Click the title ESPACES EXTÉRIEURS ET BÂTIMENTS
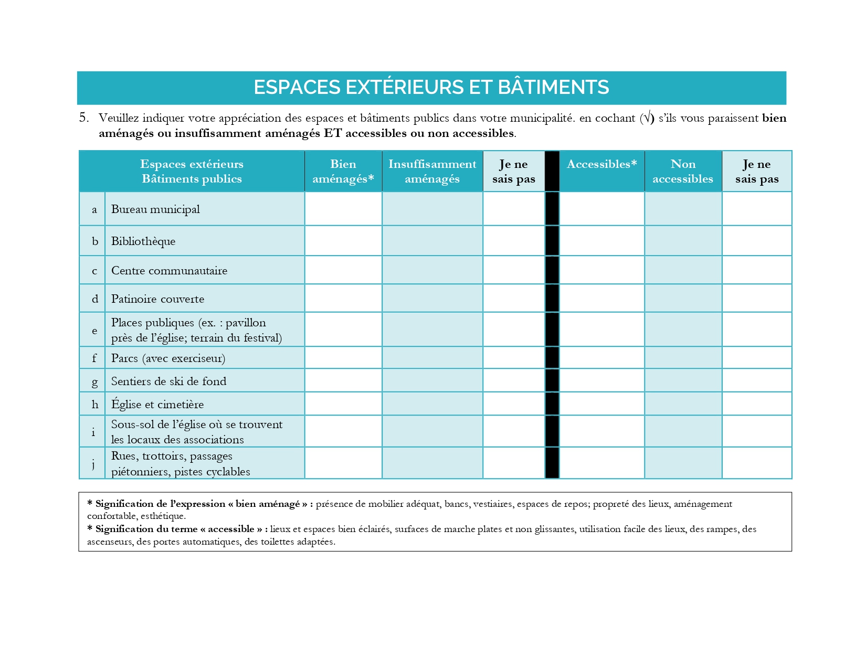click(431, 87)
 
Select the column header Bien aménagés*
click(343, 172)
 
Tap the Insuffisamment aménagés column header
click(432, 172)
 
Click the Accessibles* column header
click(601, 164)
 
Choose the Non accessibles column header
click(683, 172)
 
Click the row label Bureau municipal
click(155, 209)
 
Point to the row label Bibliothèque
click(143, 241)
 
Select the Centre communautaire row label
click(169, 271)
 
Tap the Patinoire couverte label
click(157, 299)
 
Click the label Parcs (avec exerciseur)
click(168, 358)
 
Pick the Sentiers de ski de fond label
click(168, 381)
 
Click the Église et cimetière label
click(157, 405)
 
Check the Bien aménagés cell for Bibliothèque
click(343, 241)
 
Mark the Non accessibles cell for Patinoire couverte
click(683, 299)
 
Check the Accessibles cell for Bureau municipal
click(601, 209)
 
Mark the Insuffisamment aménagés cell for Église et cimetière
click(432, 404)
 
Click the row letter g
click(94, 382)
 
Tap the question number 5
click(83, 118)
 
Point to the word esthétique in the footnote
click(163, 516)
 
